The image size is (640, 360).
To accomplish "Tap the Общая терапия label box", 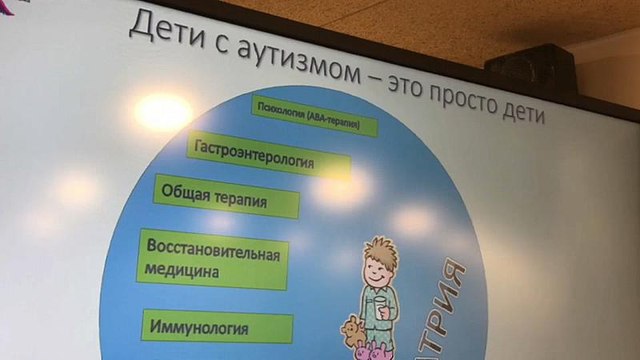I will click(x=225, y=197).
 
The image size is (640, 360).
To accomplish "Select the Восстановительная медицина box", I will click(x=214, y=259).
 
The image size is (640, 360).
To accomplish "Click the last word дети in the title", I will click(x=518, y=113).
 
